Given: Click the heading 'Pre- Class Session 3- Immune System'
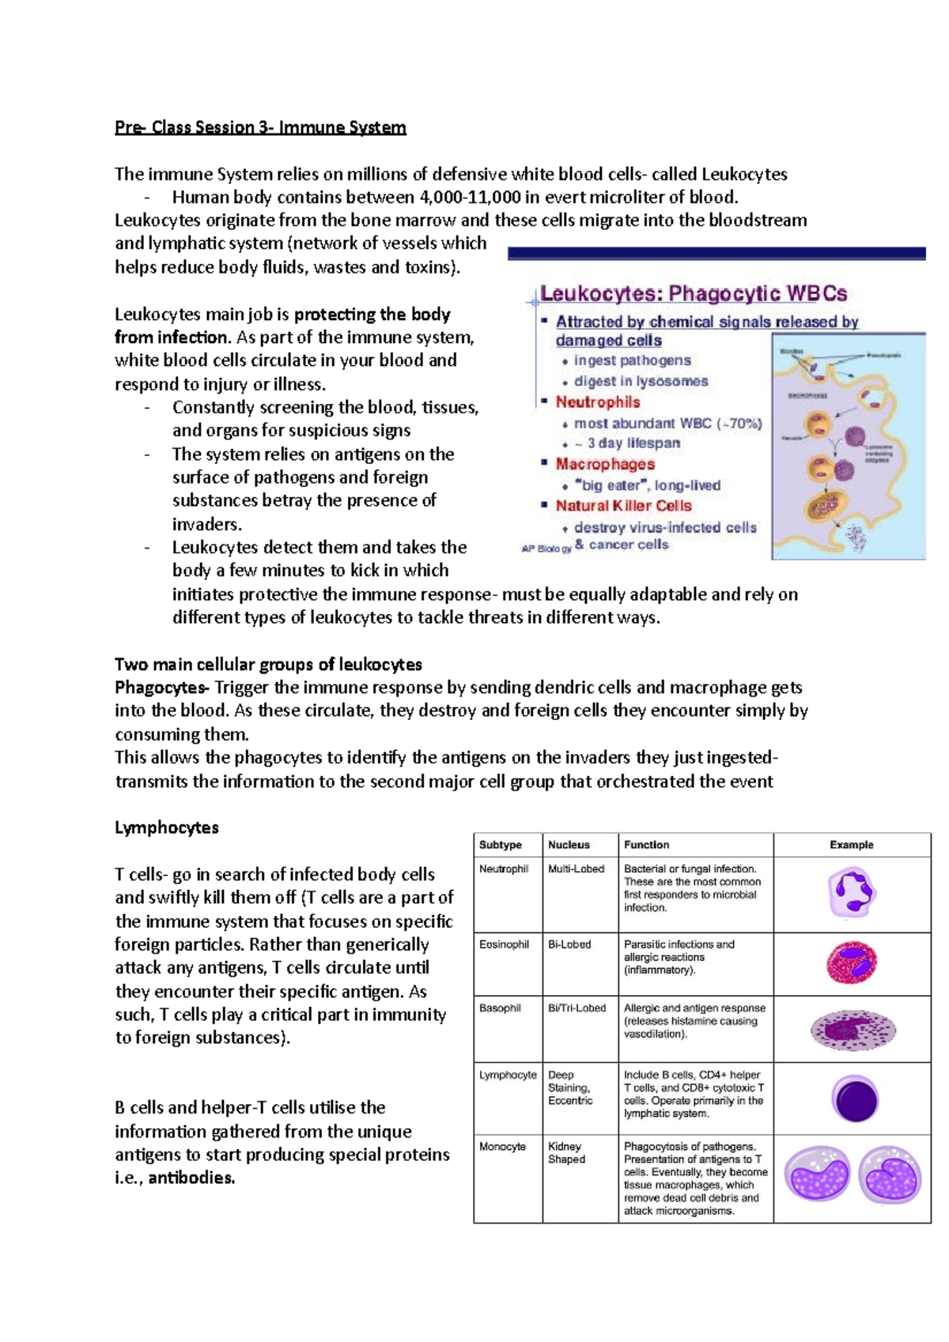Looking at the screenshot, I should tap(260, 127).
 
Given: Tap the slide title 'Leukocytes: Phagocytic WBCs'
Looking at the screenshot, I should tap(693, 294).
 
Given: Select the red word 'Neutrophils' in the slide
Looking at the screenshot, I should tap(597, 402).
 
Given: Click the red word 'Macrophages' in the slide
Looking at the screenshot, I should tap(605, 464).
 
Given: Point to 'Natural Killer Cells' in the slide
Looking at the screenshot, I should tap(623, 506).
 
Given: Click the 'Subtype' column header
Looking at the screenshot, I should tap(500, 845).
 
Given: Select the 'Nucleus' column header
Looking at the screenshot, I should tap(569, 845).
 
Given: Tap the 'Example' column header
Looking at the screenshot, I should tap(851, 845).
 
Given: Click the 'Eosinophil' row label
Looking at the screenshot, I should tap(504, 944).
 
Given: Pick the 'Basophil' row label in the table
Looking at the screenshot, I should tap(500, 1008).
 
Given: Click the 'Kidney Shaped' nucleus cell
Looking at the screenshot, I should tap(566, 1153).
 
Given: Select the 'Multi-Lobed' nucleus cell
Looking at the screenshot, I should tap(576, 869).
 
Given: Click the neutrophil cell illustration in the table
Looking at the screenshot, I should tap(852, 892).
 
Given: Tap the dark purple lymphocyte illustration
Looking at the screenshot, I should tap(855, 1099).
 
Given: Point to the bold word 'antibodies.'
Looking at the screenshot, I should tap(191, 1178).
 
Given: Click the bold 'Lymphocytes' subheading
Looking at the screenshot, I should tap(166, 827).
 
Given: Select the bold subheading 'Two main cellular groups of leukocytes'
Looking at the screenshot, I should tap(268, 665).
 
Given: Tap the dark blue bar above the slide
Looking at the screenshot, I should tap(716, 254).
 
